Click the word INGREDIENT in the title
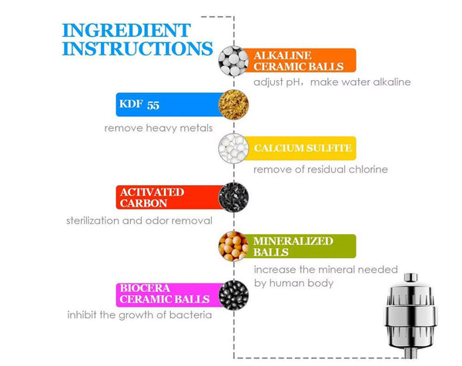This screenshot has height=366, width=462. click(126, 30)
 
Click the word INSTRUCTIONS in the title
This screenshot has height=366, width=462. click(138, 49)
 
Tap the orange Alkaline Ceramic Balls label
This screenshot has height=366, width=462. click(299, 60)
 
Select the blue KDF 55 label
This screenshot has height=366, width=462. click(169, 105)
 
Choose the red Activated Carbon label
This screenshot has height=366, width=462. click(169, 197)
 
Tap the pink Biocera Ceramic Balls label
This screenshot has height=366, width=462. click(169, 295)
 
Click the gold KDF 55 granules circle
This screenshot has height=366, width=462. click(233, 105)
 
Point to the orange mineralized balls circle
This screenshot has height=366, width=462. click(233, 247)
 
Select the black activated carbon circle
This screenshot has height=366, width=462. click(233, 197)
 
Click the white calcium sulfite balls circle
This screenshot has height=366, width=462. click(233, 149)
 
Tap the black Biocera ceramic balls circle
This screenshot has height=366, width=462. click(233, 295)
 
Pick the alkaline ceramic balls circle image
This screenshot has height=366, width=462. click(233, 61)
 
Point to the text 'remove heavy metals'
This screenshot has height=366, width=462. click(159, 128)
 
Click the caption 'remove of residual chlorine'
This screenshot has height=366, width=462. click(320, 170)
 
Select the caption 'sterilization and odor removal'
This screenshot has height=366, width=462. click(139, 220)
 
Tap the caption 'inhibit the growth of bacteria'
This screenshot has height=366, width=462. click(139, 315)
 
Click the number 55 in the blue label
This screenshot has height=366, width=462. click(153, 106)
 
